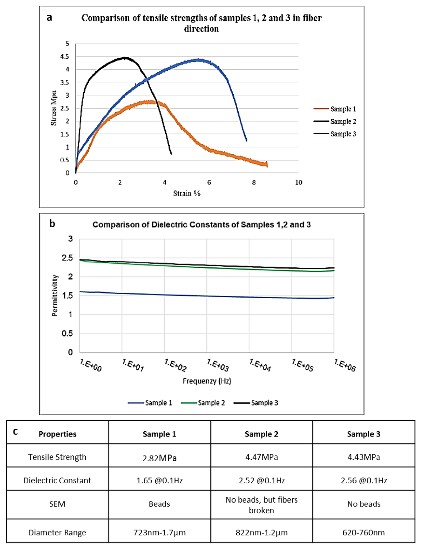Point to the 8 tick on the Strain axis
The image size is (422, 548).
click(254, 182)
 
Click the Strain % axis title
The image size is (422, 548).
click(187, 193)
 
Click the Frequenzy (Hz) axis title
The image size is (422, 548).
click(207, 381)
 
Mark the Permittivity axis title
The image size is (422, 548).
click(55, 296)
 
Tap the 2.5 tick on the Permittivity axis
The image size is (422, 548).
click(67, 258)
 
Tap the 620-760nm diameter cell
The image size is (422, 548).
click(363, 532)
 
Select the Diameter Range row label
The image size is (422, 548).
click(57, 532)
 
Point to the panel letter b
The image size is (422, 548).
click(52, 223)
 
